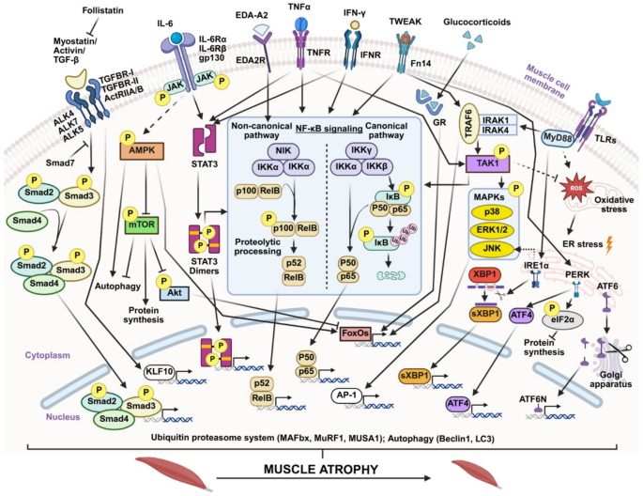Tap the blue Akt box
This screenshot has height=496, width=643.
[176, 292]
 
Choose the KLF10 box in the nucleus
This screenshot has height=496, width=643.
[161, 370]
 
